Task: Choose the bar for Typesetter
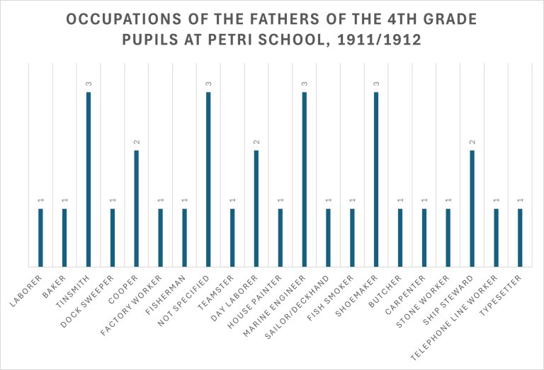click(x=520, y=238)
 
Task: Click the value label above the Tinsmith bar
click(x=89, y=85)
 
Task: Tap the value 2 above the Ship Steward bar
click(x=472, y=143)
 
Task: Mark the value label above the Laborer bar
click(x=40, y=201)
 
